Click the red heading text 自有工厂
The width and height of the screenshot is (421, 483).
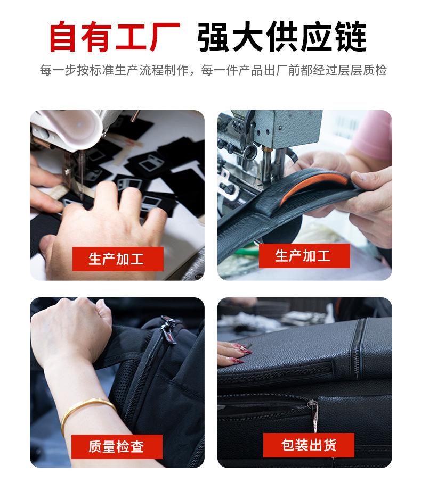115,36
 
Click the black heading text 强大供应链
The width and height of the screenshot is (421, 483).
282,36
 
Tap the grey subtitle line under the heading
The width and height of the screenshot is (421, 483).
213,70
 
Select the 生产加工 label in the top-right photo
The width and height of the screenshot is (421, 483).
303,256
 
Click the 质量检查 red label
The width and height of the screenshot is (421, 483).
116,447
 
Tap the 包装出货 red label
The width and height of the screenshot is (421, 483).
309,445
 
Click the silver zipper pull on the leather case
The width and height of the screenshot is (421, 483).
314,412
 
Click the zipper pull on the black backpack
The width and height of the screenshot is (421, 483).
169,329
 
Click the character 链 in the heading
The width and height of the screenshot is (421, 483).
351,36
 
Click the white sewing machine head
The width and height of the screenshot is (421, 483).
67,129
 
